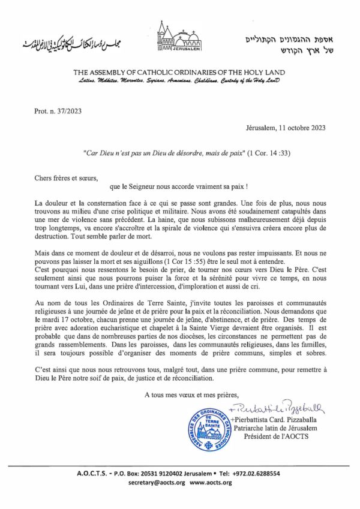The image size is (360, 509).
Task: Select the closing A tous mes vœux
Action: click(191, 394)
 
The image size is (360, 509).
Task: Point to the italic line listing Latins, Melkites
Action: click(180, 80)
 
